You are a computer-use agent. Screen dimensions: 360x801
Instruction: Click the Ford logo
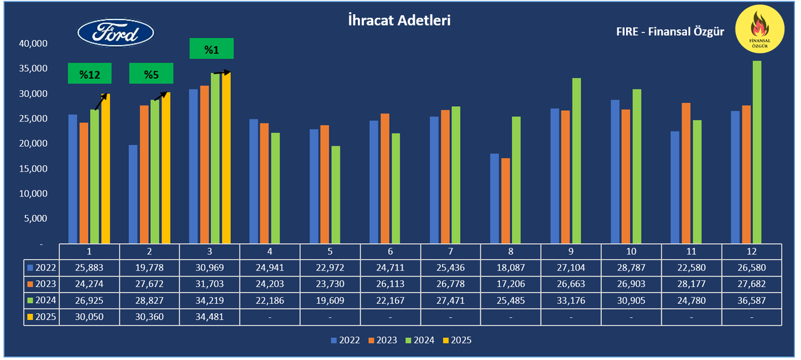(115, 33)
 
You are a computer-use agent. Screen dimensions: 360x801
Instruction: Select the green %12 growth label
(89, 74)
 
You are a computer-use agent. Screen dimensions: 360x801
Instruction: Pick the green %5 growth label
(151, 74)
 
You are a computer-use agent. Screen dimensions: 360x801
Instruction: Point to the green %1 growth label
(212, 49)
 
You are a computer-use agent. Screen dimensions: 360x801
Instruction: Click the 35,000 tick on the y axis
(33, 69)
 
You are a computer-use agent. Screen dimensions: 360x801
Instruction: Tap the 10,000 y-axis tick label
(33, 194)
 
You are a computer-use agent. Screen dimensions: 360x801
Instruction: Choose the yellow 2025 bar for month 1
(105, 168)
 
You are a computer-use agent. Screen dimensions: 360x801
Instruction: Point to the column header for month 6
(390, 251)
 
